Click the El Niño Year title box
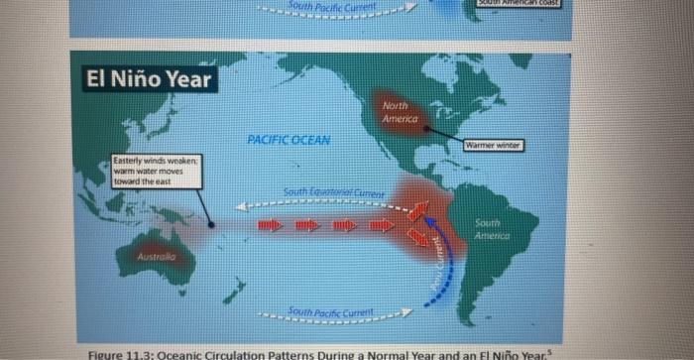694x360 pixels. click(x=147, y=78)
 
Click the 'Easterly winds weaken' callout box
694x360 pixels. click(x=157, y=171)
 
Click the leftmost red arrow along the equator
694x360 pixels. click(x=270, y=227)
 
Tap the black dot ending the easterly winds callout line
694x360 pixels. click(x=211, y=224)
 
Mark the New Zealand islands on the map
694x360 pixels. click(x=236, y=291)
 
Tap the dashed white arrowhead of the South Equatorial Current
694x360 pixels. click(x=240, y=208)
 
